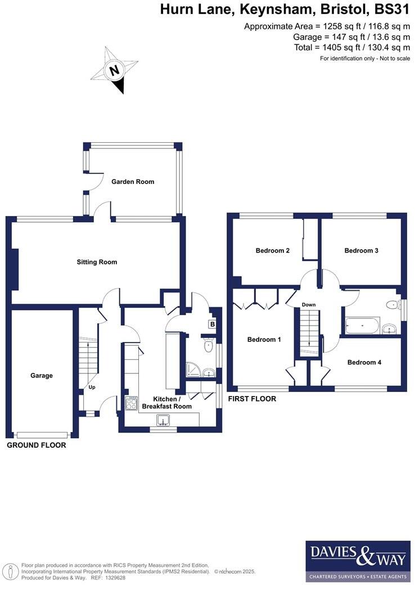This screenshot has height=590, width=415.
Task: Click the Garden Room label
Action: pyautogui.click(x=133, y=182)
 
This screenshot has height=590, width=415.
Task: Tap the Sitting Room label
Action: pyautogui.click(x=97, y=262)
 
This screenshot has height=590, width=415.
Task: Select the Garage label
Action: pyautogui.click(x=42, y=376)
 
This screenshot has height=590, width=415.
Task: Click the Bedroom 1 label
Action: pyautogui.click(x=264, y=340)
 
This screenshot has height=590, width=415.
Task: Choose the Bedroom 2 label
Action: pyautogui.click(x=273, y=251)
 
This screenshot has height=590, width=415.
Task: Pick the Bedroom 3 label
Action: pyautogui.click(x=362, y=251)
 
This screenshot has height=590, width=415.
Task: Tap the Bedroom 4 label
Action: pyautogui.click(x=364, y=363)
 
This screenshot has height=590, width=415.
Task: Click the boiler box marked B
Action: pyautogui.click(x=213, y=325)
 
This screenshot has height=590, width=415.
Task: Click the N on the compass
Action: pyautogui.click(x=115, y=71)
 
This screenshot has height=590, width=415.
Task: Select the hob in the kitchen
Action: pyautogui.click(x=131, y=404)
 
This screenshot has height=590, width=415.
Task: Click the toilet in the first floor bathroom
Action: pyautogui.click(x=392, y=305)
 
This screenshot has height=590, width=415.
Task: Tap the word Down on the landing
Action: pyautogui.click(x=309, y=305)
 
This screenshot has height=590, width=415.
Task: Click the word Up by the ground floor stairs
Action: pyautogui.click(x=92, y=388)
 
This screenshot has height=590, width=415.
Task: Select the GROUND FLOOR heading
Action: pyautogui.click(x=36, y=445)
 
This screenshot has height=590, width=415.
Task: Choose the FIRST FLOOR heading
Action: pyautogui.click(x=252, y=399)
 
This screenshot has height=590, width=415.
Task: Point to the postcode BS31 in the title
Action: pyautogui.click(x=391, y=10)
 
